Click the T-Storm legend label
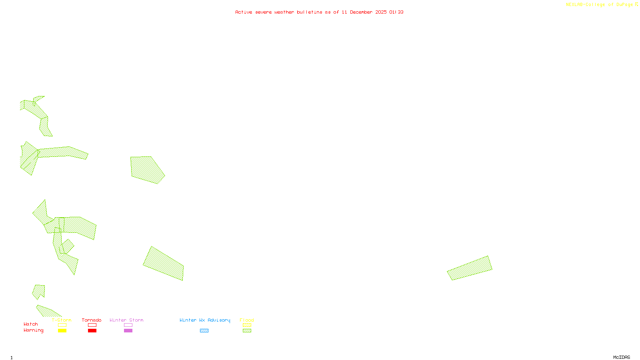tap(62, 320)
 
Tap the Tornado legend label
tap(92, 320)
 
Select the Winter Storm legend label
tap(126, 320)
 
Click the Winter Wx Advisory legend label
tap(205, 320)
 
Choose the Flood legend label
tap(247, 320)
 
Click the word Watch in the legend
tap(31, 324)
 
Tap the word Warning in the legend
tap(34, 330)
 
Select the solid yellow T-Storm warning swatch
tap(62, 331)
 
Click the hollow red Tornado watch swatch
tap(92, 325)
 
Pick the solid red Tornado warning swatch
tap(92, 331)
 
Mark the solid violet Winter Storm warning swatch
tap(128, 331)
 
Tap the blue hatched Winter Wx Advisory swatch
tap(204, 331)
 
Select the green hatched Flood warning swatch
tap(247, 331)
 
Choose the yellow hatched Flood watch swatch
tap(247, 325)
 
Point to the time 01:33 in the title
tap(396, 12)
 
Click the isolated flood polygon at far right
tap(470, 268)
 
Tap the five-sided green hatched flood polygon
tap(146, 170)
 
